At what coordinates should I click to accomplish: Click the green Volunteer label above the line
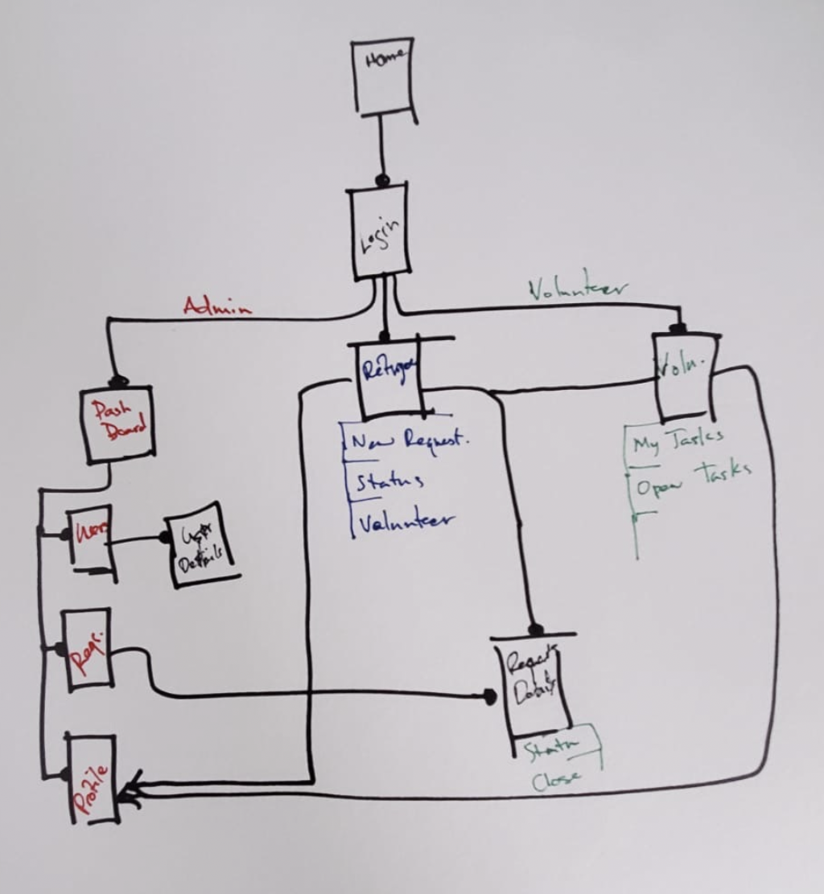(579, 289)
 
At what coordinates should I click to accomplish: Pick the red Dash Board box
(117, 425)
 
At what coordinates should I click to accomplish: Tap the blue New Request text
(410, 441)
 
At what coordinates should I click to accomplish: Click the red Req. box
(87, 649)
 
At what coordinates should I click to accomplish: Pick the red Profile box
(93, 778)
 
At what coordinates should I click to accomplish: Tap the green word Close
(556, 779)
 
